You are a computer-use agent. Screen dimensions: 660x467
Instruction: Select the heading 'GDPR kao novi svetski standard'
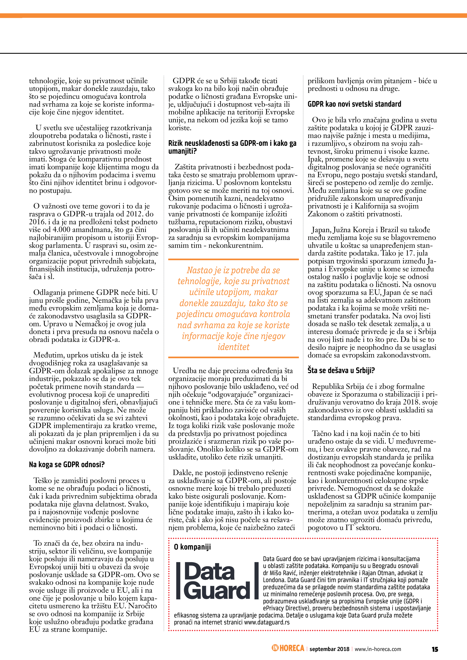tap(354, 104)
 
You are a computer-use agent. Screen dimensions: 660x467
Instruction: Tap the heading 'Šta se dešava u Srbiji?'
tap(341, 370)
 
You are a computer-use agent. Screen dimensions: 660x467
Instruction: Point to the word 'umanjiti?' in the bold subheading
tap(182, 151)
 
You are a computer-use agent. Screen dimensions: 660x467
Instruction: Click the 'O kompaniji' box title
tap(192, 547)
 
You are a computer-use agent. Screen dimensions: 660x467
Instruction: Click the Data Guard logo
tap(217, 581)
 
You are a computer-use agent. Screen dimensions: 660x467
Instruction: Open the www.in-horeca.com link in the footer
tap(378, 649)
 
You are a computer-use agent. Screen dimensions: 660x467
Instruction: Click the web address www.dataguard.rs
tap(267, 622)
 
